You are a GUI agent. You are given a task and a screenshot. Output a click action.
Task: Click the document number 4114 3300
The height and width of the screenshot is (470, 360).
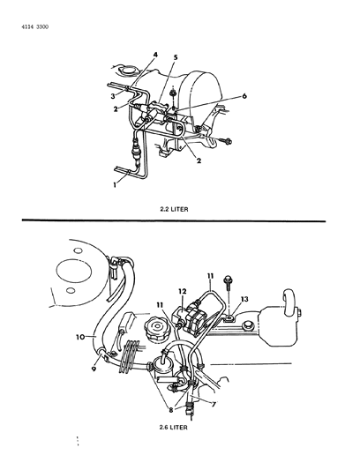pyautogui.click(x=35, y=27)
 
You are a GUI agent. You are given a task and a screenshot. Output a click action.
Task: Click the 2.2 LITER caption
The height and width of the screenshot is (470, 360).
pyautogui.click(x=174, y=209)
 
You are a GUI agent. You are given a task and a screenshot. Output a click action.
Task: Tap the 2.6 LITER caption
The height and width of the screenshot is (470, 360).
pyautogui.click(x=174, y=427)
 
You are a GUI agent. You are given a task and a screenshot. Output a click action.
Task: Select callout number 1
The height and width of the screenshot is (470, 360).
pyautogui.click(x=115, y=185)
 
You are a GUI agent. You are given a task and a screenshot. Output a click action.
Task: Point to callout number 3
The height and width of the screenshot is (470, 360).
pyautogui.click(x=113, y=96)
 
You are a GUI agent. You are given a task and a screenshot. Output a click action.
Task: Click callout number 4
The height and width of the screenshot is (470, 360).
pyautogui.click(x=155, y=55)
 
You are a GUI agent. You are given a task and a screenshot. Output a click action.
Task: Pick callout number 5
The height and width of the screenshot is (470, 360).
pyautogui.click(x=176, y=57)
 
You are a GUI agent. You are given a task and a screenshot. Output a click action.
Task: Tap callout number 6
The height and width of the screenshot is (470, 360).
pyautogui.click(x=244, y=96)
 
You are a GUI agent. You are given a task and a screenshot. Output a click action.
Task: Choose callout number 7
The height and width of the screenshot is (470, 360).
pyautogui.click(x=214, y=405)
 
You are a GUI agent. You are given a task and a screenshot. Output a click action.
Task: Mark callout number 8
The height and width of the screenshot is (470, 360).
pyautogui.click(x=170, y=410)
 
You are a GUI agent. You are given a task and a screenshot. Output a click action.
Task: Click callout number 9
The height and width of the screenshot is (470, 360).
pyautogui.click(x=94, y=369)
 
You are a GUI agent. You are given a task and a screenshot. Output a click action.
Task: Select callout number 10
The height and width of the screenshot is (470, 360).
pyautogui.click(x=80, y=337)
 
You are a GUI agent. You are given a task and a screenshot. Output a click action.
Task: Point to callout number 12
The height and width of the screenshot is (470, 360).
pyautogui.click(x=183, y=291)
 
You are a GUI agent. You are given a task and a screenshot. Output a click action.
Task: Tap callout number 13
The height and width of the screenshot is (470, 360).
pyautogui.click(x=244, y=299)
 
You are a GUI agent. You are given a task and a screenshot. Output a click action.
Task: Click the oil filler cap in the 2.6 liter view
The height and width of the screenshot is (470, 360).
pyautogui.click(x=155, y=329)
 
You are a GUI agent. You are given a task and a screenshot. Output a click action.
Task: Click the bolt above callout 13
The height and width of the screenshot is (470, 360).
pyautogui.click(x=228, y=282)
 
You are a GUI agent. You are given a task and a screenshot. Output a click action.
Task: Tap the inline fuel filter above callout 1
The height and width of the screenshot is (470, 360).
pyautogui.click(x=136, y=153)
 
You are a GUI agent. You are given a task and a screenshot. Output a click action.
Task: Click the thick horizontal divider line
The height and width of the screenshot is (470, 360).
pyautogui.click(x=174, y=220)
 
